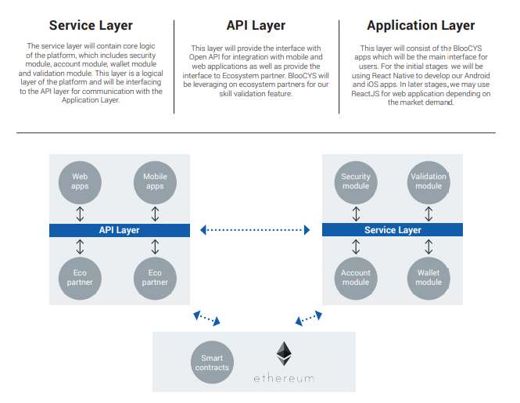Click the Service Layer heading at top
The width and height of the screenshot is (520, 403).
[x=91, y=26]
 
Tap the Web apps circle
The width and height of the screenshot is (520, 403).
[x=80, y=182]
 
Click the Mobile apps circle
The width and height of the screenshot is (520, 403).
[x=155, y=182]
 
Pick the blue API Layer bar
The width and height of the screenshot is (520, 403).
[x=119, y=230]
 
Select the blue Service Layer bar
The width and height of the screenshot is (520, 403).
[x=393, y=230]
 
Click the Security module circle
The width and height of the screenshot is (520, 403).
[x=356, y=182]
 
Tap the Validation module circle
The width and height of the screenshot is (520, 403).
[x=429, y=182]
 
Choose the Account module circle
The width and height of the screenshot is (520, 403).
[x=356, y=277]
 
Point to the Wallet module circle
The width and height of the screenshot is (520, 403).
[x=429, y=277]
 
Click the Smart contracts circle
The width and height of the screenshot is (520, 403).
[x=212, y=362]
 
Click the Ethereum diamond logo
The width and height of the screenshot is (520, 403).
[x=283, y=354]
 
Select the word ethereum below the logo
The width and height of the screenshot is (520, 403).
[x=283, y=379]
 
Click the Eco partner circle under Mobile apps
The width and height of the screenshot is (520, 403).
[x=155, y=277]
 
